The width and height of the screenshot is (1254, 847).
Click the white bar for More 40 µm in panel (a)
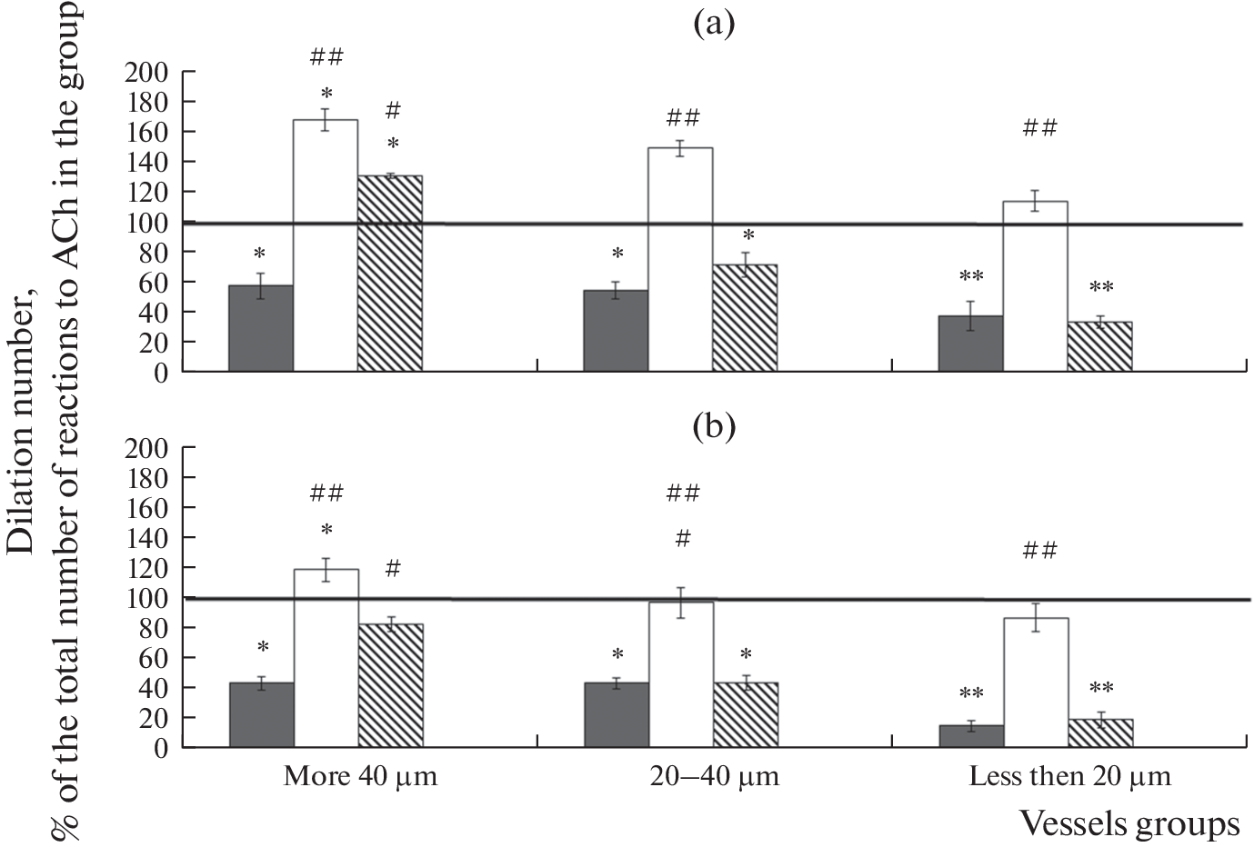[326, 245]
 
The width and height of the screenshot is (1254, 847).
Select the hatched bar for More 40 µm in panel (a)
[390, 273]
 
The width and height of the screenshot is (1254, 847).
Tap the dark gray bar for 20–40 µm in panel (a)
[616, 331]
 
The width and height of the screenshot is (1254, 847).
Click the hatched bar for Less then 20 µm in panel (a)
[1099, 346]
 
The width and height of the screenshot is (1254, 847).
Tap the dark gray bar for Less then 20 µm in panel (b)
[970, 736]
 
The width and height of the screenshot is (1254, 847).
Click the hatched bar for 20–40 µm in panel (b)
[745, 714]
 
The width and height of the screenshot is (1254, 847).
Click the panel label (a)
[713, 24]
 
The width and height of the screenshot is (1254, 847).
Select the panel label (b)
[713, 425]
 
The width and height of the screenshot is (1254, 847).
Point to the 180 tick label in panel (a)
[147, 102]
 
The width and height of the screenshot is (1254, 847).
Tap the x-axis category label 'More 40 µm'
[360, 777]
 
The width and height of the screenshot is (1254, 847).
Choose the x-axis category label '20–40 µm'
[715, 777]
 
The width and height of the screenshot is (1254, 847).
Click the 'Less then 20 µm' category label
[1070, 777]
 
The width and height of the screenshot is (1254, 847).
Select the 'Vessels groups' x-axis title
[1129, 823]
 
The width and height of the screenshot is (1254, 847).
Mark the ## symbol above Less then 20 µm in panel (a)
[1039, 128]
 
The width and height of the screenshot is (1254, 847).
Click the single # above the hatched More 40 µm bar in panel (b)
[393, 569]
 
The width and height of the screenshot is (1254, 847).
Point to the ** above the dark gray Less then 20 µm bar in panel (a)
[971, 276]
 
